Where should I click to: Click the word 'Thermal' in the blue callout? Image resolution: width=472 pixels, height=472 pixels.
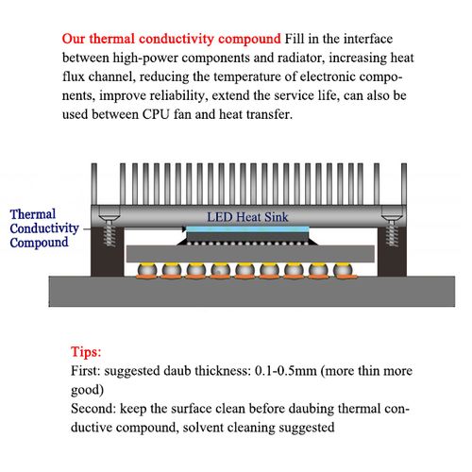[x=33, y=214]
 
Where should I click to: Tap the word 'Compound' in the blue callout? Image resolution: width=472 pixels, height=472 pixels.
[x=39, y=243]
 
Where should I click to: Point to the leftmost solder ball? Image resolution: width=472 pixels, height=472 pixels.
[x=145, y=272]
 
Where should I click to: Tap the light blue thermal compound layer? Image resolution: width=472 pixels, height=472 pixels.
[x=245, y=229]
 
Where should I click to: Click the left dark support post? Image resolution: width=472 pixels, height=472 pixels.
[x=98, y=255]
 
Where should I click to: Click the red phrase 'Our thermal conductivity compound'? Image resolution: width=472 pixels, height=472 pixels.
[x=171, y=40]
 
